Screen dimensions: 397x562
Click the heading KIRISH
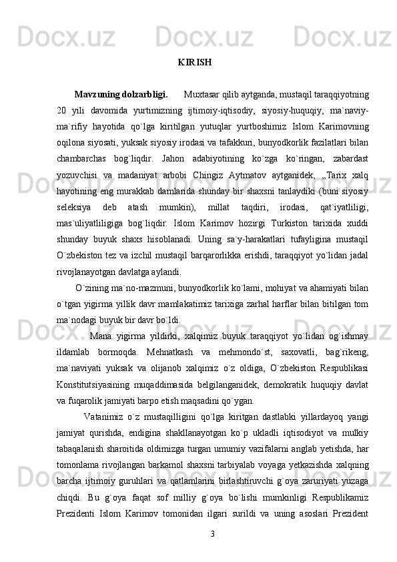[x=195, y=63]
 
